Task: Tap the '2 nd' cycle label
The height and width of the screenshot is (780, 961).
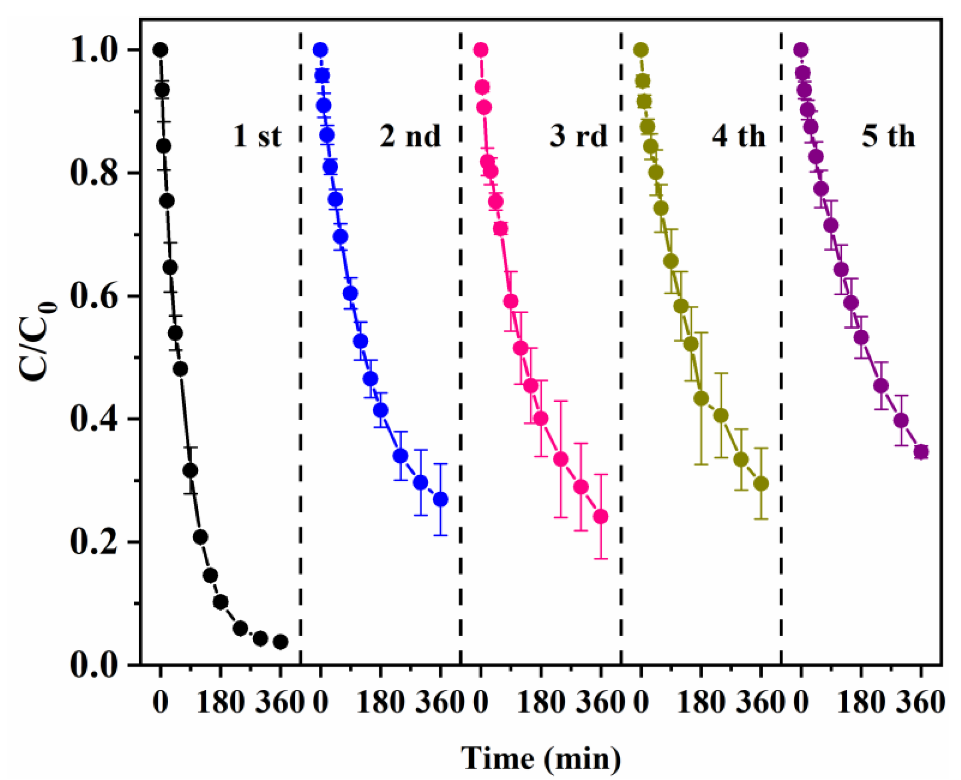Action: point(410,136)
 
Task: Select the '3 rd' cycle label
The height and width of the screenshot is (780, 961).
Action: point(578,136)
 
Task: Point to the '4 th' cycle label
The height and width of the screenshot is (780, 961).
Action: point(738,136)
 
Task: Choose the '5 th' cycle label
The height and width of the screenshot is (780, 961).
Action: point(888,136)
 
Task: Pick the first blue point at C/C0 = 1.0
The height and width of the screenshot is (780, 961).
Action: point(320,50)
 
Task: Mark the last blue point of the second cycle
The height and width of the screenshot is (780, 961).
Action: point(441,499)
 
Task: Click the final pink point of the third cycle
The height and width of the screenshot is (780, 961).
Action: point(601,517)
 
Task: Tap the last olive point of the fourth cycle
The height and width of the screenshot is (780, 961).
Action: point(760,483)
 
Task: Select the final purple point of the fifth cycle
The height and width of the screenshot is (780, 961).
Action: point(921,452)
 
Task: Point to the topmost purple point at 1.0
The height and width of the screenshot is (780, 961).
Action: point(800,50)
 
